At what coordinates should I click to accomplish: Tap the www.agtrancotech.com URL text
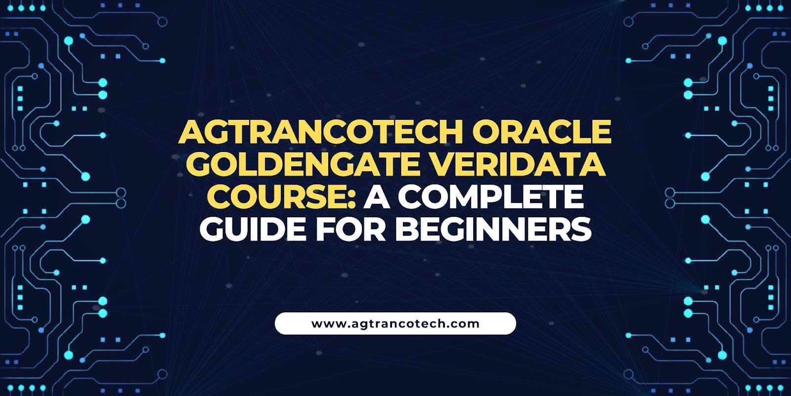point(395,324)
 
